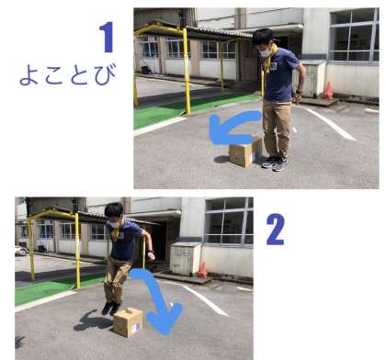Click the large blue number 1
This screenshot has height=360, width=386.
108,37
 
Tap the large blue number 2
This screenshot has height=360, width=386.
276,230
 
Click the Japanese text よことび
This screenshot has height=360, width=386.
68,74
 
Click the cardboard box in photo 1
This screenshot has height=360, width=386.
245,152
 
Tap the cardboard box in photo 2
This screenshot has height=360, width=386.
128,322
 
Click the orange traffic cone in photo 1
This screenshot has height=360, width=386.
328,90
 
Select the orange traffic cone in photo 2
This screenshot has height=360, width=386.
202,269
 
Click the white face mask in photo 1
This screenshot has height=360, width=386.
266,52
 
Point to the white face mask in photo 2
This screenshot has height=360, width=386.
115,224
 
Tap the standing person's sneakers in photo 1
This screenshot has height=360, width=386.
275,163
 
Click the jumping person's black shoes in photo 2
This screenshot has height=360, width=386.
110,308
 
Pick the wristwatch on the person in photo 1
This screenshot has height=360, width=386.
300,91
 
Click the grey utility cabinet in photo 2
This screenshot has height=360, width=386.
185,259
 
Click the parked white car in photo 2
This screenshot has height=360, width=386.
21,251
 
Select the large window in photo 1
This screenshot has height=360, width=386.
354,36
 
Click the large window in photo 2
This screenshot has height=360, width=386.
229,220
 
